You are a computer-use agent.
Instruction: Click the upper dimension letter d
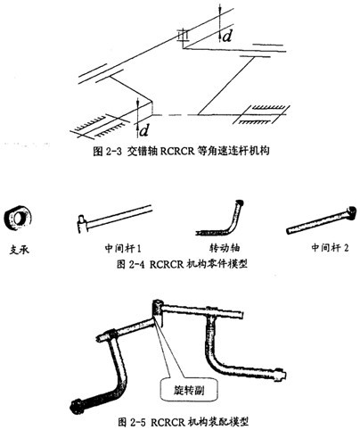point(227,37)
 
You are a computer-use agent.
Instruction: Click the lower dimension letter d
point(144,130)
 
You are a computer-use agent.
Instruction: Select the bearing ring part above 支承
point(18,219)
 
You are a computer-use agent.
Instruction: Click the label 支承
point(19,250)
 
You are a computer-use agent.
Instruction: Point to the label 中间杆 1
point(123,248)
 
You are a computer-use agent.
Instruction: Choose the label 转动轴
point(225,248)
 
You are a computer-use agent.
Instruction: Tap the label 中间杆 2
point(330,247)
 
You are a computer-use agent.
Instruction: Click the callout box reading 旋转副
point(189,390)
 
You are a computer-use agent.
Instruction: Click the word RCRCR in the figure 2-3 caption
point(177,151)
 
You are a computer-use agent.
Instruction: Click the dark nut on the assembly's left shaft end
point(78,407)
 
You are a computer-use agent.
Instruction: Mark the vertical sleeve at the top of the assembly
point(158,312)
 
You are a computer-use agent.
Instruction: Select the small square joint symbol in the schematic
point(183,36)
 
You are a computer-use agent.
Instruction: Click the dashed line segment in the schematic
point(175,115)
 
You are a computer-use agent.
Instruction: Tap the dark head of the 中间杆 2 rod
point(352,211)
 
